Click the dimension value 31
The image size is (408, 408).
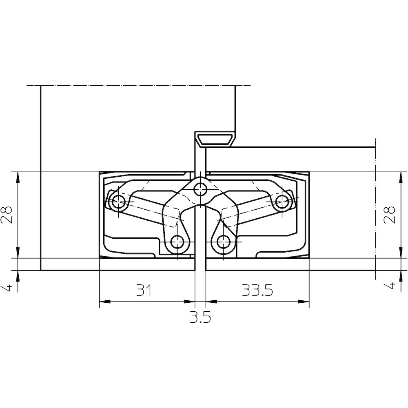(x=144, y=290)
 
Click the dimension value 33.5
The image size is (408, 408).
(x=257, y=290)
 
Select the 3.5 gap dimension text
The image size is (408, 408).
(x=200, y=317)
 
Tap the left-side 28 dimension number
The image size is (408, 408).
(x=7, y=215)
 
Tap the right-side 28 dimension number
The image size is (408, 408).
(x=390, y=215)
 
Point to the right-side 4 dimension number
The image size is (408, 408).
(x=390, y=286)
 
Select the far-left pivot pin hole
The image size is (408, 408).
(x=119, y=201)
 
